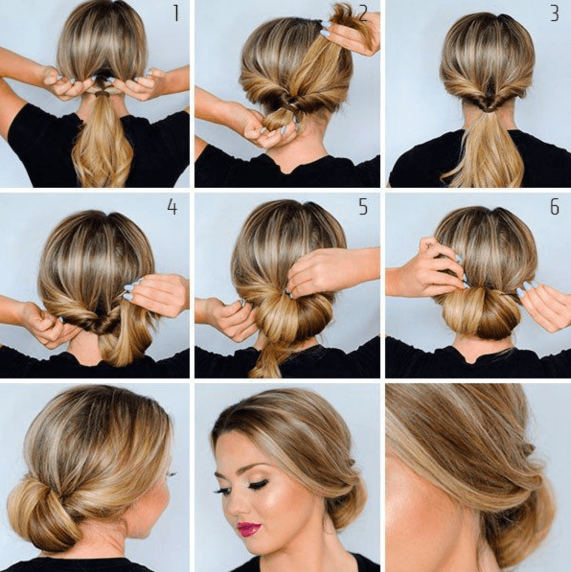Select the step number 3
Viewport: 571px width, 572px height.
tap(554, 13)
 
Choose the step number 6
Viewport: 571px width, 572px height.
tap(554, 207)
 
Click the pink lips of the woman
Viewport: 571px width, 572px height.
tap(249, 528)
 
